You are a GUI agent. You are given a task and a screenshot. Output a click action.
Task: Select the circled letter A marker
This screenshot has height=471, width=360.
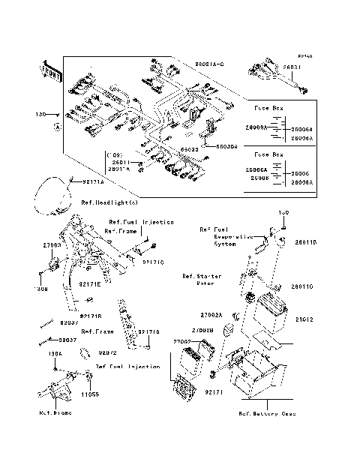click(57, 128)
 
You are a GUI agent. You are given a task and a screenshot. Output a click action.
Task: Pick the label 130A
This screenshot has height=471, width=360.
click(55, 353)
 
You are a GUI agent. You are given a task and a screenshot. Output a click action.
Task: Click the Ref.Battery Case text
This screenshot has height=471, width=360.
click(266, 414)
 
